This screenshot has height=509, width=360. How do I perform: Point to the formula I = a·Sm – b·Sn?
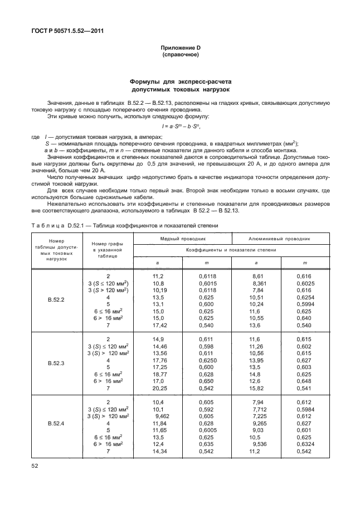pyautogui.click(x=180, y=127)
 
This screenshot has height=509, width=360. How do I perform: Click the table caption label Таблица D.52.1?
pyautogui.click(x=56, y=225)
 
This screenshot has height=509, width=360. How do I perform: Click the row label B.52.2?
pyautogui.click(x=56, y=299)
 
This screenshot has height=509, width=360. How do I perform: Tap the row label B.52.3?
pyautogui.click(x=56, y=363)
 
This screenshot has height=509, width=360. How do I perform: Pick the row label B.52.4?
pyautogui.click(x=56, y=424)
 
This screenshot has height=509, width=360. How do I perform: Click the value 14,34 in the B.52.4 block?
pyautogui.click(x=160, y=451)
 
